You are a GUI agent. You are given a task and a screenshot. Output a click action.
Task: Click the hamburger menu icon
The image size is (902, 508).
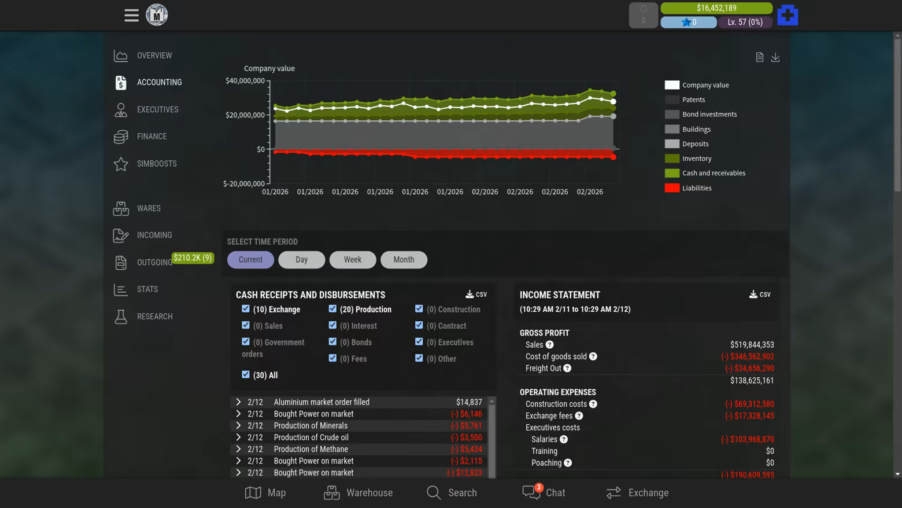click(131, 15)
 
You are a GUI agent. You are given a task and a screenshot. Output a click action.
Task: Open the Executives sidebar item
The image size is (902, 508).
click(157, 109)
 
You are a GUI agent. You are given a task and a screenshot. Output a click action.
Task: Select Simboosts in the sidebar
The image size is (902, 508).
click(157, 164)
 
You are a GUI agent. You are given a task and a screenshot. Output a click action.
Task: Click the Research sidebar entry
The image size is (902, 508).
click(154, 316)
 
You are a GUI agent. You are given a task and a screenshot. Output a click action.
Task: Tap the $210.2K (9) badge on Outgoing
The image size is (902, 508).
click(193, 258)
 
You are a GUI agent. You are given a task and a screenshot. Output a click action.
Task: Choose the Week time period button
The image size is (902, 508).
click(353, 260)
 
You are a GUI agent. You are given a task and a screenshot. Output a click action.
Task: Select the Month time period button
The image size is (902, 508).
click(404, 260)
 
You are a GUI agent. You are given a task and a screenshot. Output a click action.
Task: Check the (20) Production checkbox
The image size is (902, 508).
click(332, 309)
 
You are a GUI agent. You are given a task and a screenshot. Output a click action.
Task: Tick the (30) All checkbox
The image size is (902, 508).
click(246, 374)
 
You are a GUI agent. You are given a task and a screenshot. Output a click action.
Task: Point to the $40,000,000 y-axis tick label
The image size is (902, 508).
click(245, 81)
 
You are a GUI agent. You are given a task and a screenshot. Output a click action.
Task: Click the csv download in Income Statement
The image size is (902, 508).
click(760, 295)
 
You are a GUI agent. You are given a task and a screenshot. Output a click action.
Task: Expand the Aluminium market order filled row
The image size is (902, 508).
click(238, 402)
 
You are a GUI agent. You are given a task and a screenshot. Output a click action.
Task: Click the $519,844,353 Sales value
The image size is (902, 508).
click(752, 345)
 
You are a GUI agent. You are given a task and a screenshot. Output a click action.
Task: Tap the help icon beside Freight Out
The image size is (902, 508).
click(567, 369)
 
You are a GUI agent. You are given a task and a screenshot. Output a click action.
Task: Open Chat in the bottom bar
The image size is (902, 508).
click(544, 492)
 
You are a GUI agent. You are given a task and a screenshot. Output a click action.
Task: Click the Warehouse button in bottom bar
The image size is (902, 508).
click(358, 492)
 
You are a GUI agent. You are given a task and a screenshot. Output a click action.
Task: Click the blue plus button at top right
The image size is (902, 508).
click(788, 15)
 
